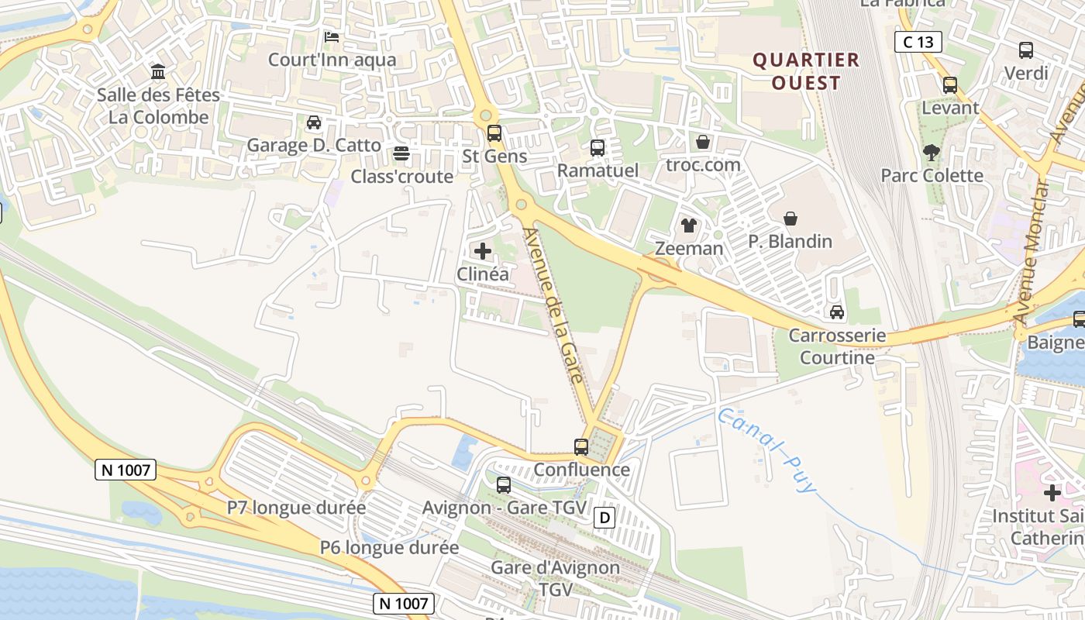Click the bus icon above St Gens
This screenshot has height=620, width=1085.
point(494,133)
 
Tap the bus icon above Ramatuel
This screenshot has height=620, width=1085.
point(598,147)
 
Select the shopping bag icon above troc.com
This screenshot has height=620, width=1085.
point(703,142)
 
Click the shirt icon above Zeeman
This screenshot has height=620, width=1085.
point(688,226)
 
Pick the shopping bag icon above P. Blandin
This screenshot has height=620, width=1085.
point(790,219)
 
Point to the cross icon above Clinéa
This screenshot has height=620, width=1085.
point(483,251)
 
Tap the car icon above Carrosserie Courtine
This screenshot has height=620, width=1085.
point(837,312)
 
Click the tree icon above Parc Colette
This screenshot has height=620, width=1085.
point(932,153)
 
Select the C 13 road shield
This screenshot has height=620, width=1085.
point(918,42)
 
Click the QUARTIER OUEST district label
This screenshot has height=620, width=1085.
point(807,71)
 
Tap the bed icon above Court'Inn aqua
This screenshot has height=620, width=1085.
point(332,36)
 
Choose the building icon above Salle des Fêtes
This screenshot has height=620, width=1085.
point(159,72)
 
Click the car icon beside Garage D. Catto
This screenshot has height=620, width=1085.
point(314,122)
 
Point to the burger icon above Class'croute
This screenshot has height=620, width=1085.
point(401,153)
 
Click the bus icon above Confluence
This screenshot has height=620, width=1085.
point(581,446)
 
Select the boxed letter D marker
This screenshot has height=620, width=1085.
point(604,518)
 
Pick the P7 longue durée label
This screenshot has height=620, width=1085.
point(296,508)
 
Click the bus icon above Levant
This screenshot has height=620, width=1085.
point(950,85)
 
